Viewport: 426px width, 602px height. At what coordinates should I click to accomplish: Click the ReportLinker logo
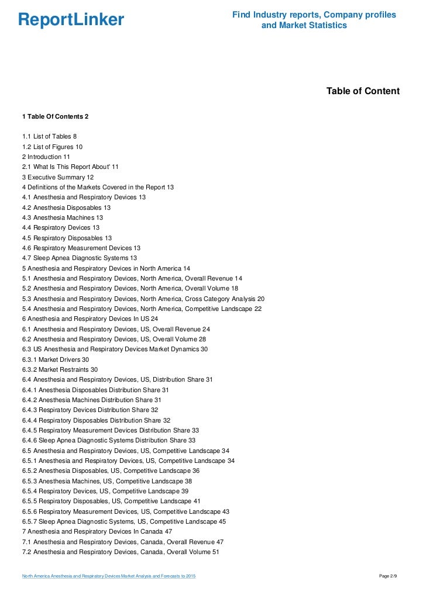[71, 20]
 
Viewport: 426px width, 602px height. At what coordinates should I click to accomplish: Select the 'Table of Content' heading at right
[363, 91]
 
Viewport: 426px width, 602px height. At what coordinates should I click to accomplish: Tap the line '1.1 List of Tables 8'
[50, 136]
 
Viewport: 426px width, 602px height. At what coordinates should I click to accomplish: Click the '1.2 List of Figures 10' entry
[52, 147]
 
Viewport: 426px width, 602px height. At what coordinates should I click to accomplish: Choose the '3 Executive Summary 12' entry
[58, 177]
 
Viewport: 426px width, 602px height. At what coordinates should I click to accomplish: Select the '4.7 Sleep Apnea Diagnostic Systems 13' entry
[80, 258]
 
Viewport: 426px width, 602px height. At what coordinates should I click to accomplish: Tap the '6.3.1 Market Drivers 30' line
[56, 359]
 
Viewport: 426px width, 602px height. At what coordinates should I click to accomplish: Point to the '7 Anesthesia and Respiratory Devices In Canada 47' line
[97, 531]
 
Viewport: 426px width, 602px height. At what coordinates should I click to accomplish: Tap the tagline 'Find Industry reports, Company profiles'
[314, 15]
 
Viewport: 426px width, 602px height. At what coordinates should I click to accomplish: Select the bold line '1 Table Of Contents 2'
[55, 116]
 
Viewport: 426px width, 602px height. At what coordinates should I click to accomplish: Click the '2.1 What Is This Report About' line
[70, 167]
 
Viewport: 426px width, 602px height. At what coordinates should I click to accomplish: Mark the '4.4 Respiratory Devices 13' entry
[61, 227]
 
